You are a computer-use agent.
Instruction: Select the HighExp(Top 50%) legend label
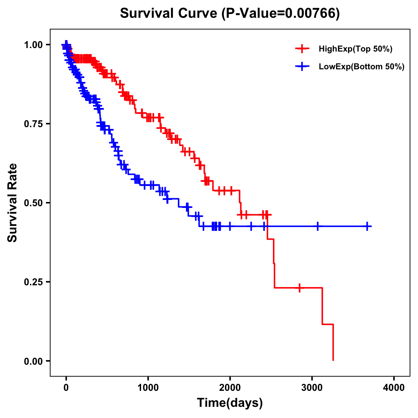(x=356, y=49)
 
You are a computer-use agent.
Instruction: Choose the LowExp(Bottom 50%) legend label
(x=362, y=67)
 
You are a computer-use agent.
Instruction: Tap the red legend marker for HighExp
(x=302, y=49)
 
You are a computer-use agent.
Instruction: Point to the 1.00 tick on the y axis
(x=33, y=45)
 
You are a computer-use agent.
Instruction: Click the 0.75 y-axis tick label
(x=33, y=124)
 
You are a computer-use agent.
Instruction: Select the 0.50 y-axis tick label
(x=33, y=203)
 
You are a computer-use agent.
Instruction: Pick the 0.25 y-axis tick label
(x=33, y=282)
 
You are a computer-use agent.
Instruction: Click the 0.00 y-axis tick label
(x=33, y=361)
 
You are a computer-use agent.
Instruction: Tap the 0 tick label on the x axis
(x=66, y=388)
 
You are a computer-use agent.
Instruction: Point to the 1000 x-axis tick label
(x=148, y=388)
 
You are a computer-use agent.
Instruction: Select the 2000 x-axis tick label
(x=230, y=388)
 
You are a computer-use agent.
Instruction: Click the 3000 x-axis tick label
(x=312, y=388)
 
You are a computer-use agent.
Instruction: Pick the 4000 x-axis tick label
(x=394, y=388)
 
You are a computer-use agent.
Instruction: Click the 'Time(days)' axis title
(x=230, y=403)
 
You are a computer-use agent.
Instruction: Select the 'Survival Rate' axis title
(x=13, y=203)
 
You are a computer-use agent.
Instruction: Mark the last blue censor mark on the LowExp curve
(x=367, y=226)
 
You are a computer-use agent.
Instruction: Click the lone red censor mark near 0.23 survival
(x=300, y=288)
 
